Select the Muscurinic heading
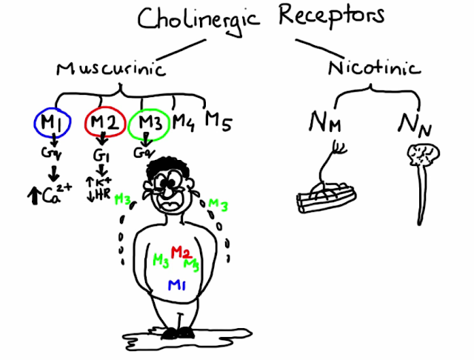click(110, 69)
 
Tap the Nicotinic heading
click(375, 68)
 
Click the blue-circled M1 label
click(51, 122)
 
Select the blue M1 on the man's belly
click(178, 285)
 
